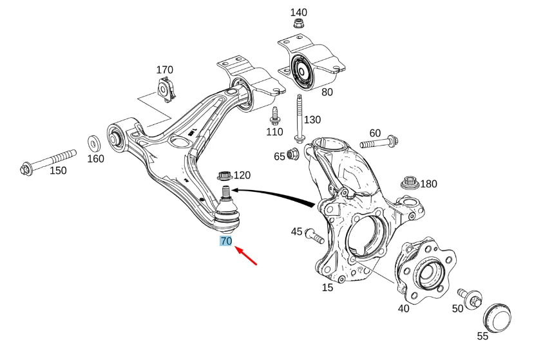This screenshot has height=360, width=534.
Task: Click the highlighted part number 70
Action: (225, 242)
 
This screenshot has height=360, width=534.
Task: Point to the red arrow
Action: (247, 256)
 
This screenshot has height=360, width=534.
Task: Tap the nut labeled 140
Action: (298, 24)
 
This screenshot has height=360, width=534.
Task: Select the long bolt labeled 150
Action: (48, 162)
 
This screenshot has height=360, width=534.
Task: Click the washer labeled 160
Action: (93, 141)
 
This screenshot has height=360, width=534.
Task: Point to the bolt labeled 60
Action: (380, 142)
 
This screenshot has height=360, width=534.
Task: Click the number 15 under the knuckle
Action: (327, 287)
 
